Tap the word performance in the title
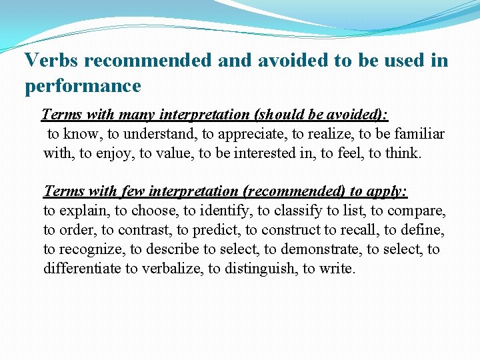click(83, 86)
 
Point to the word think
click(402, 153)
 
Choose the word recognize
click(83, 250)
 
